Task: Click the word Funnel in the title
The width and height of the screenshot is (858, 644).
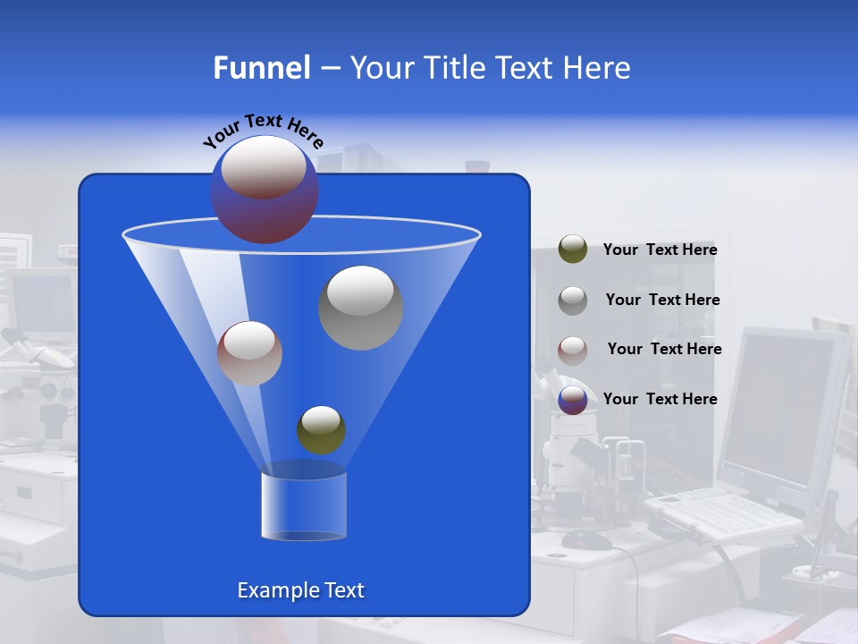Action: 261,68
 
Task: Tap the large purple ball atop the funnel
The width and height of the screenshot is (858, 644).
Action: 264,190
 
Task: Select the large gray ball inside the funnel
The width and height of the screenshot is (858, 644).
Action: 360,307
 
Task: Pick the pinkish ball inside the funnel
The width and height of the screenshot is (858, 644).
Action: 249,353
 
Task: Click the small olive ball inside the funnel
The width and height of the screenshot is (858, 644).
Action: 321,429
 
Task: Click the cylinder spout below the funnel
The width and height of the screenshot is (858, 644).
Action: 304,506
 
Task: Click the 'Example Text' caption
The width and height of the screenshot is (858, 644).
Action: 300,590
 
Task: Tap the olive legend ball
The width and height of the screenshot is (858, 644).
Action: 572,250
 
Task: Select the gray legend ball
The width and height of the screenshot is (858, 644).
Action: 572,300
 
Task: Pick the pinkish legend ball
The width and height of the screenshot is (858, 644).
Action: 572,350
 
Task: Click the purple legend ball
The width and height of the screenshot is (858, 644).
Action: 572,400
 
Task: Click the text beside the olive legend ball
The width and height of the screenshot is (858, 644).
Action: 660,250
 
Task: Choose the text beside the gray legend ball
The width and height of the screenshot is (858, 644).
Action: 662,301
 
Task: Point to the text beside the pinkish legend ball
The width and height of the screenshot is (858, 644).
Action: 664,350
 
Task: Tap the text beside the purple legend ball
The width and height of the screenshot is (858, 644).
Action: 660,400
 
